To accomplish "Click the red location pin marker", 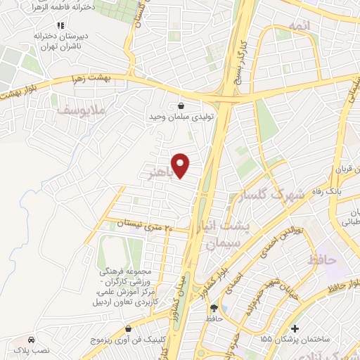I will (x=181, y=165).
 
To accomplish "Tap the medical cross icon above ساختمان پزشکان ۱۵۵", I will (x=295, y=328).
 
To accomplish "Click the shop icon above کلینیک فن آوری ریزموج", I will (x=127, y=328).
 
